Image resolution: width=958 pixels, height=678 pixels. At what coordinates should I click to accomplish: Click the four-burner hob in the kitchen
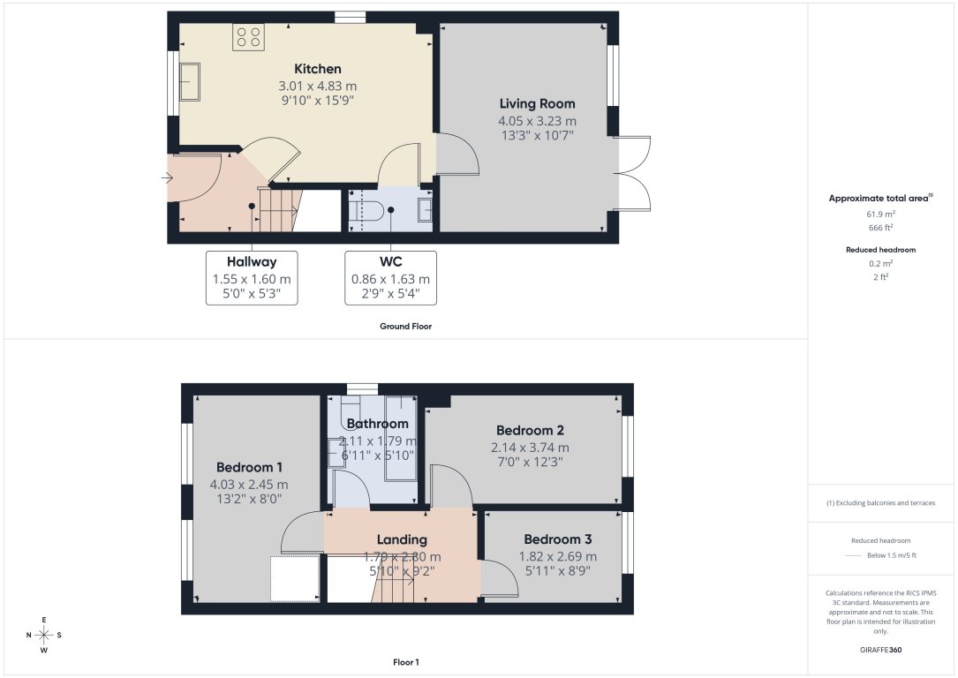pos(248,37)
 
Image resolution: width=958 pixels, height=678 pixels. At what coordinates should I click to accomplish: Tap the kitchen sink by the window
pos(190,82)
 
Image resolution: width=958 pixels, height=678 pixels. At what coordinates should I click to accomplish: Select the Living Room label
pos(537,104)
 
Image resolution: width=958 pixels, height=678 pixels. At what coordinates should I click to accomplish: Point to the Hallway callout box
pos(252,277)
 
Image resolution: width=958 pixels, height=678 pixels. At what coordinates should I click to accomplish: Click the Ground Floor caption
pos(406,326)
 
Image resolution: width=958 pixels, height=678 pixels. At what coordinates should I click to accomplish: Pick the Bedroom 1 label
pos(249,467)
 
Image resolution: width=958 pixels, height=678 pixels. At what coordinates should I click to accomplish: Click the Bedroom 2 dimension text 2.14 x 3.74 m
pos(529,447)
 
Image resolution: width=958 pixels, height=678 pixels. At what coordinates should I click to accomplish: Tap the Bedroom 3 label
pos(557,539)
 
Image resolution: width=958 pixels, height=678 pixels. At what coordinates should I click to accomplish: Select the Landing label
pos(402,539)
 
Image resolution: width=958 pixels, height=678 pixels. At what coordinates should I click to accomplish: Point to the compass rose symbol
pos(44,635)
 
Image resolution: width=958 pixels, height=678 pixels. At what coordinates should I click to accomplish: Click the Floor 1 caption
pos(406,661)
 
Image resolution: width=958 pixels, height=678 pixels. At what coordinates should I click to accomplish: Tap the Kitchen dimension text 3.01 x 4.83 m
pos(318,86)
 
